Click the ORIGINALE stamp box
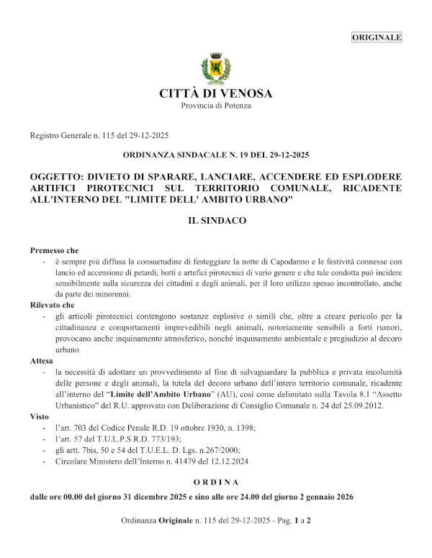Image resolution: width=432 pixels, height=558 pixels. click(x=377, y=37)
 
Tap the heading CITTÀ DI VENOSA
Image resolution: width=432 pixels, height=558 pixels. click(x=216, y=93)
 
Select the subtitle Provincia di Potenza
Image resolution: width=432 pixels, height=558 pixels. click(x=216, y=106)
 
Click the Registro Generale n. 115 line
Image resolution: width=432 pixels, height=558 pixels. click(x=99, y=135)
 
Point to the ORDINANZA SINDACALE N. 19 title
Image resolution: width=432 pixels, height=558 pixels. click(x=216, y=155)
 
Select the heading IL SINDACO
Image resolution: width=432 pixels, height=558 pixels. click(x=216, y=221)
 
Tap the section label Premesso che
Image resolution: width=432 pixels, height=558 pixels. click(x=54, y=250)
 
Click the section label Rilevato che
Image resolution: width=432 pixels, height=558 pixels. click(x=53, y=305)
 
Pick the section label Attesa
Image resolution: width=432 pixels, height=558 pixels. click(x=42, y=360)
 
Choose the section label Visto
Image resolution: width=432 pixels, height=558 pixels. click(x=40, y=416)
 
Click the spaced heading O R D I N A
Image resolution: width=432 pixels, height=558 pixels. click(x=216, y=482)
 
